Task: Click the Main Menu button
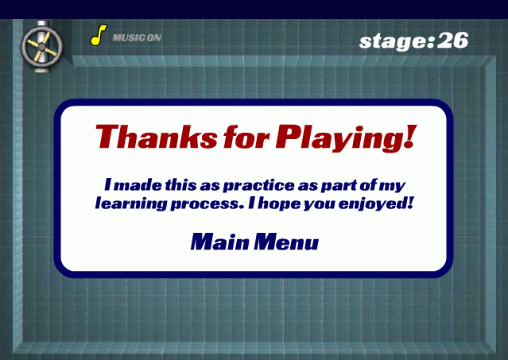(254, 242)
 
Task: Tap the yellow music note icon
(99, 35)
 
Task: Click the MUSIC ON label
(137, 38)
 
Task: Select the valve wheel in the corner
(42, 47)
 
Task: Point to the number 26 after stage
(453, 41)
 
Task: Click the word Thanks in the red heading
(157, 137)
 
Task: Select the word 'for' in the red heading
(246, 137)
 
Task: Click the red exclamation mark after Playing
(410, 137)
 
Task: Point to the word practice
(259, 185)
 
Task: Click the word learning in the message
(130, 204)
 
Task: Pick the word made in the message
(138, 185)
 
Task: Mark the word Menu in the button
(286, 242)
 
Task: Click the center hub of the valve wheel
(42, 47)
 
